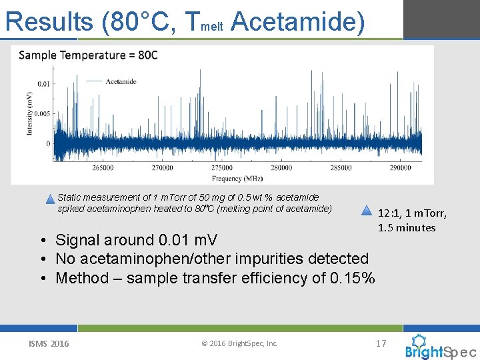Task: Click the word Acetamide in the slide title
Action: tap(298, 21)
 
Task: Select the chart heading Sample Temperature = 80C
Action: tap(88, 55)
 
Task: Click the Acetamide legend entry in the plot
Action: tap(120, 81)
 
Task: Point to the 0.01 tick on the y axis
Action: tap(43, 83)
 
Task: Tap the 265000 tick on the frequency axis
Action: tap(103, 168)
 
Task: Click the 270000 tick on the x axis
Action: tap(162, 168)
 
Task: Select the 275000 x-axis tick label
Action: tap(222, 168)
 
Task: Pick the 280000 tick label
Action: tap(281, 168)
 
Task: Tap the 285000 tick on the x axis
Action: tap(341, 168)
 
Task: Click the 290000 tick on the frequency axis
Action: tap(401, 168)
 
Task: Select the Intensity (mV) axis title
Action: tap(29, 113)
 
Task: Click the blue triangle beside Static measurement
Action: tap(51, 199)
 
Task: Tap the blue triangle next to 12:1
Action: tap(366, 211)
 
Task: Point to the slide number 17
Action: tap(381, 343)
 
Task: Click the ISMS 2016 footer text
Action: tap(48, 343)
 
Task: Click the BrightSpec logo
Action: tap(440, 347)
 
